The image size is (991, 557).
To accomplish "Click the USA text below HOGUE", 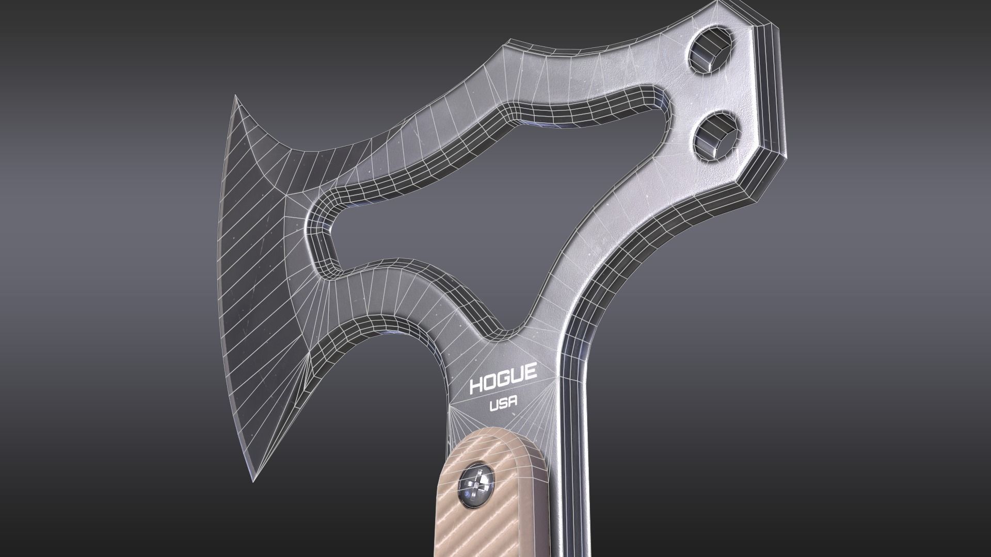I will pyautogui.click(x=504, y=405).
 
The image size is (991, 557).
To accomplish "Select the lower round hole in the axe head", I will pyautogui.click(x=718, y=135).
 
